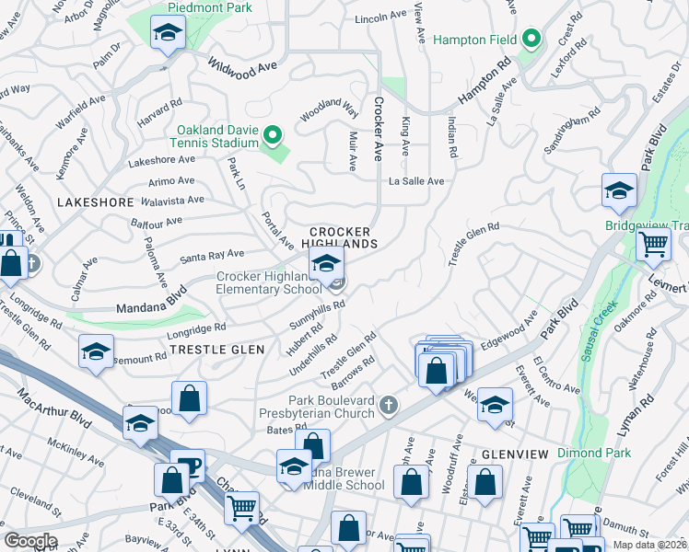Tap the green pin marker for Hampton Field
[531, 40]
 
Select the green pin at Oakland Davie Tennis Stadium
[272, 136]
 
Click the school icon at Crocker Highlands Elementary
[325, 264]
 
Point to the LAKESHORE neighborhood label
[88, 201]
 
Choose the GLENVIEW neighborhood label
[514, 454]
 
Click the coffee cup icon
[188, 467]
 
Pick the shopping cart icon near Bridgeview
[653, 245]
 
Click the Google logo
[31, 540]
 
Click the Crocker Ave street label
[378, 129]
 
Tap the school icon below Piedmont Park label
[168, 34]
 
